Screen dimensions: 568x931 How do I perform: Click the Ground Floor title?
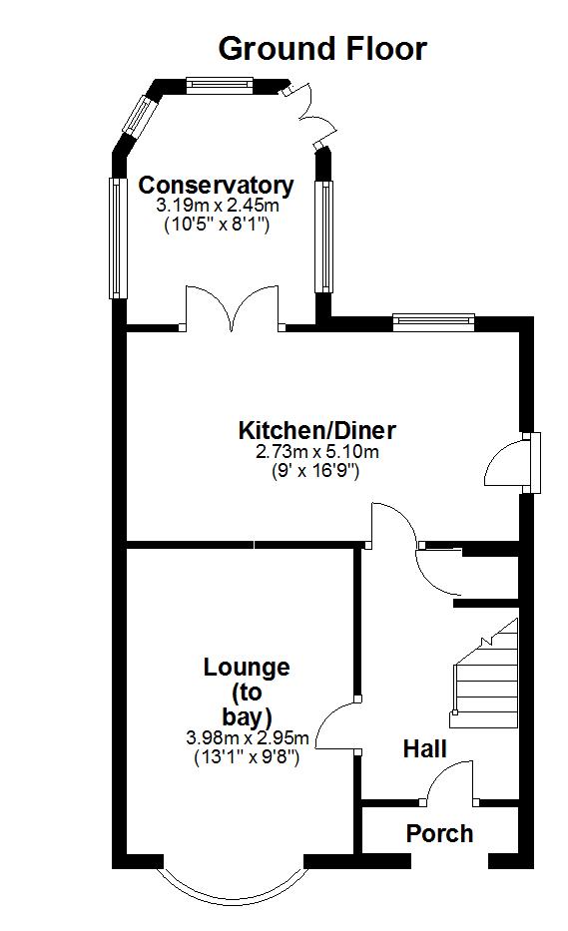[x=322, y=49]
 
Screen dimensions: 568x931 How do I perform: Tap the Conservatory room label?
[x=217, y=186]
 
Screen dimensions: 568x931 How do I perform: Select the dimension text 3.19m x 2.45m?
[x=218, y=206]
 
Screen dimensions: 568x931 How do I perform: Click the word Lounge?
[x=247, y=668]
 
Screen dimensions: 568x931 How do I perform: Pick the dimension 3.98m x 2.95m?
[x=248, y=738]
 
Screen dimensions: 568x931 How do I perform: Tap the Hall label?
[x=425, y=748]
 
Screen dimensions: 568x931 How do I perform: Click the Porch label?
[x=439, y=833]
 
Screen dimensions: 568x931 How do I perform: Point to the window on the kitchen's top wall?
[x=433, y=321]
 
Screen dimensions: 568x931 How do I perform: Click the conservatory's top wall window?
[x=220, y=85]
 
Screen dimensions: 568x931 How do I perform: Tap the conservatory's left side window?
[x=118, y=237]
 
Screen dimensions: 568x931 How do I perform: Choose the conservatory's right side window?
[x=324, y=236]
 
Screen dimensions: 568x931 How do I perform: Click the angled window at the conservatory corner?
[x=137, y=113]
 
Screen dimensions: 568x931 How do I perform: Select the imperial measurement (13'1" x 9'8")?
[x=247, y=757]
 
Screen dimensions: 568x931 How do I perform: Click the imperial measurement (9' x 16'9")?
[x=315, y=471]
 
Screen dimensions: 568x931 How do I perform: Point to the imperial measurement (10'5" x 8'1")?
[x=217, y=226]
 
